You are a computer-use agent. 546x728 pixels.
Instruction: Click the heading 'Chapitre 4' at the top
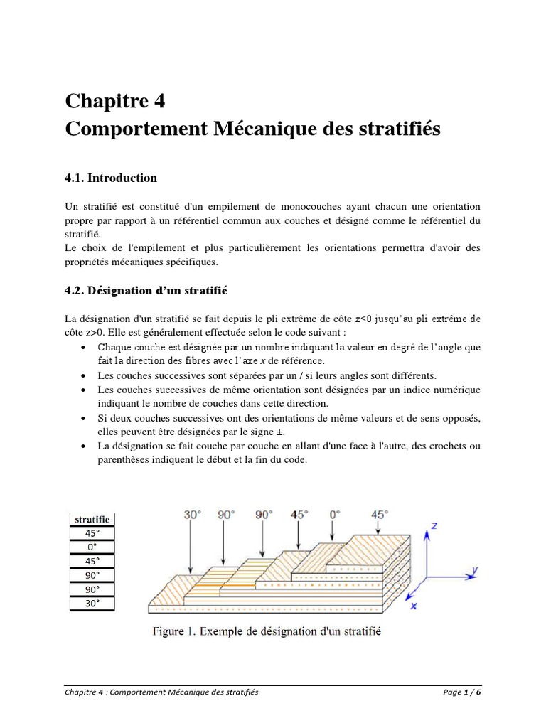[x=115, y=101]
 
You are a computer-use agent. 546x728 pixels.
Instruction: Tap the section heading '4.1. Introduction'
[x=111, y=178]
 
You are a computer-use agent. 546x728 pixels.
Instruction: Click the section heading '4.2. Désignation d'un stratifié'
[x=145, y=291]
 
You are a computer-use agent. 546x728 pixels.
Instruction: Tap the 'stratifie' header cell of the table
[x=92, y=520]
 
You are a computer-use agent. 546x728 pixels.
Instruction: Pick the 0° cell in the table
[x=92, y=547]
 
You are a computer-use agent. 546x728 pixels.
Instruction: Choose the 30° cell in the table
[x=92, y=604]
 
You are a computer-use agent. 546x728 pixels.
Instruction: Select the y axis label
[x=474, y=569]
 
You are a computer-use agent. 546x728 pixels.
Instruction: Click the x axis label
[x=413, y=606]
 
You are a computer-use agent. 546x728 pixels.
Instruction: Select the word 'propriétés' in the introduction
[x=92, y=262]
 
